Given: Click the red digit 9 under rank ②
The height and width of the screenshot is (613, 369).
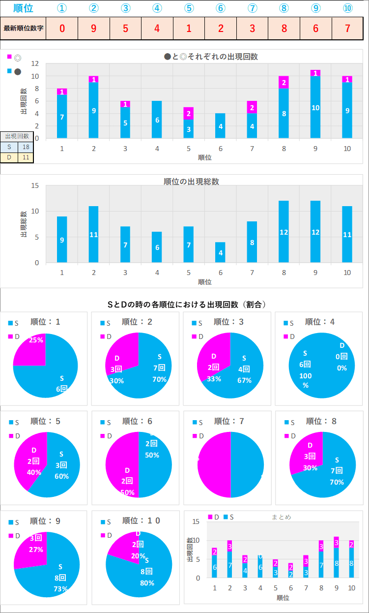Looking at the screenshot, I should pos(93,28).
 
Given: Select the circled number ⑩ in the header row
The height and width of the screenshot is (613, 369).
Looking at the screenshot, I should pos(347,9).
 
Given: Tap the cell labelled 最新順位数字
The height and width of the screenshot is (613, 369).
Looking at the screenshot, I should pos(23,28).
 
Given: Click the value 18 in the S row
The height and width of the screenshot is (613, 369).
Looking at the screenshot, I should pos(26,147).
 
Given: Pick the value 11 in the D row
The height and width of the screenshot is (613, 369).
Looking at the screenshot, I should pos(26,157).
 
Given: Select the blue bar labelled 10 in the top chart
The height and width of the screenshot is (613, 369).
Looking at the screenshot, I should pos(315,107).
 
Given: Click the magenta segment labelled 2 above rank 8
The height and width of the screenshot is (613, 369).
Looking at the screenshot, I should pos(284,82).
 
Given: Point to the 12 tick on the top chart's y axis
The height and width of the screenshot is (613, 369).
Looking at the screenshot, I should pos(35,63).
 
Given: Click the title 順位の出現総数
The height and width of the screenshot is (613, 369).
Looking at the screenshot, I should pos(191,182).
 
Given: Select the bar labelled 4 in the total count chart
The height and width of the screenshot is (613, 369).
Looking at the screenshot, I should pos(220,252).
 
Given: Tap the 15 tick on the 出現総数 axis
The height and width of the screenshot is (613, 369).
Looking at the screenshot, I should pos(35,185).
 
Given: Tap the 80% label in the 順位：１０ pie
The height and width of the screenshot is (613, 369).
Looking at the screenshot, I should pos(147,583).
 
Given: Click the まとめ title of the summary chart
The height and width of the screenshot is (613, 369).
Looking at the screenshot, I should pos(281,517).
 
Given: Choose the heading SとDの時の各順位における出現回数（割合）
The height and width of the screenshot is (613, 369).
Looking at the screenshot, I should pos(186,305).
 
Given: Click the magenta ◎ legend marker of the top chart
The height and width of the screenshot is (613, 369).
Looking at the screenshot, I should pos(9,57).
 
